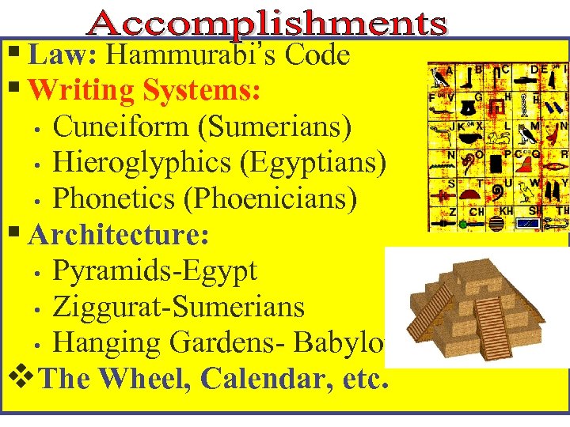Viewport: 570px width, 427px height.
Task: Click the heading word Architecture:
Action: point(119,235)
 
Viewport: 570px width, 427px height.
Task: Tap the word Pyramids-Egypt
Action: point(154,271)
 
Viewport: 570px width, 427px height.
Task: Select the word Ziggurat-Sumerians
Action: point(178,307)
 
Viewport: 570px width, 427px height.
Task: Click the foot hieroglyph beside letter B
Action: point(473,77)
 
